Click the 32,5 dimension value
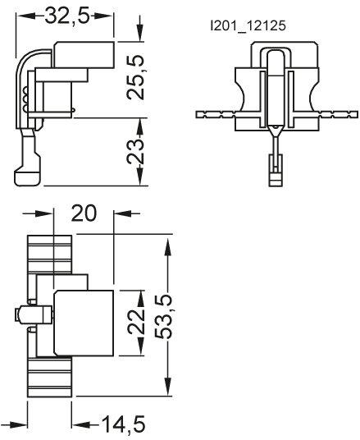point(67,16)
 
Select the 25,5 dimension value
point(135,77)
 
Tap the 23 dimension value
point(135,152)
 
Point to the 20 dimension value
point(84,213)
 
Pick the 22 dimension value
point(136,323)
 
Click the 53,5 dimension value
point(163,317)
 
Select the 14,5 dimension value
point(123,424)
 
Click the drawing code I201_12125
point(248,25)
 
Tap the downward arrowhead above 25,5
point(139,34)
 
